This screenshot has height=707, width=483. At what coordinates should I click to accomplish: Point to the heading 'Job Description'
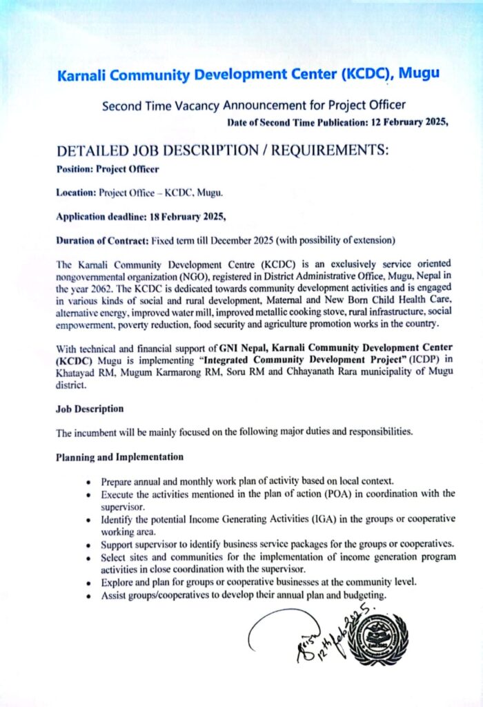point(90,409)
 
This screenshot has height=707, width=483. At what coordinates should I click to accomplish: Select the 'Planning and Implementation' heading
point(119,457)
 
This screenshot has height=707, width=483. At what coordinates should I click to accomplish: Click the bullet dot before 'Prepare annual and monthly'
point(89,481)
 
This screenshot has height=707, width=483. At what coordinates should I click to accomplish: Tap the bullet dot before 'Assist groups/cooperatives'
point(89,596)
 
